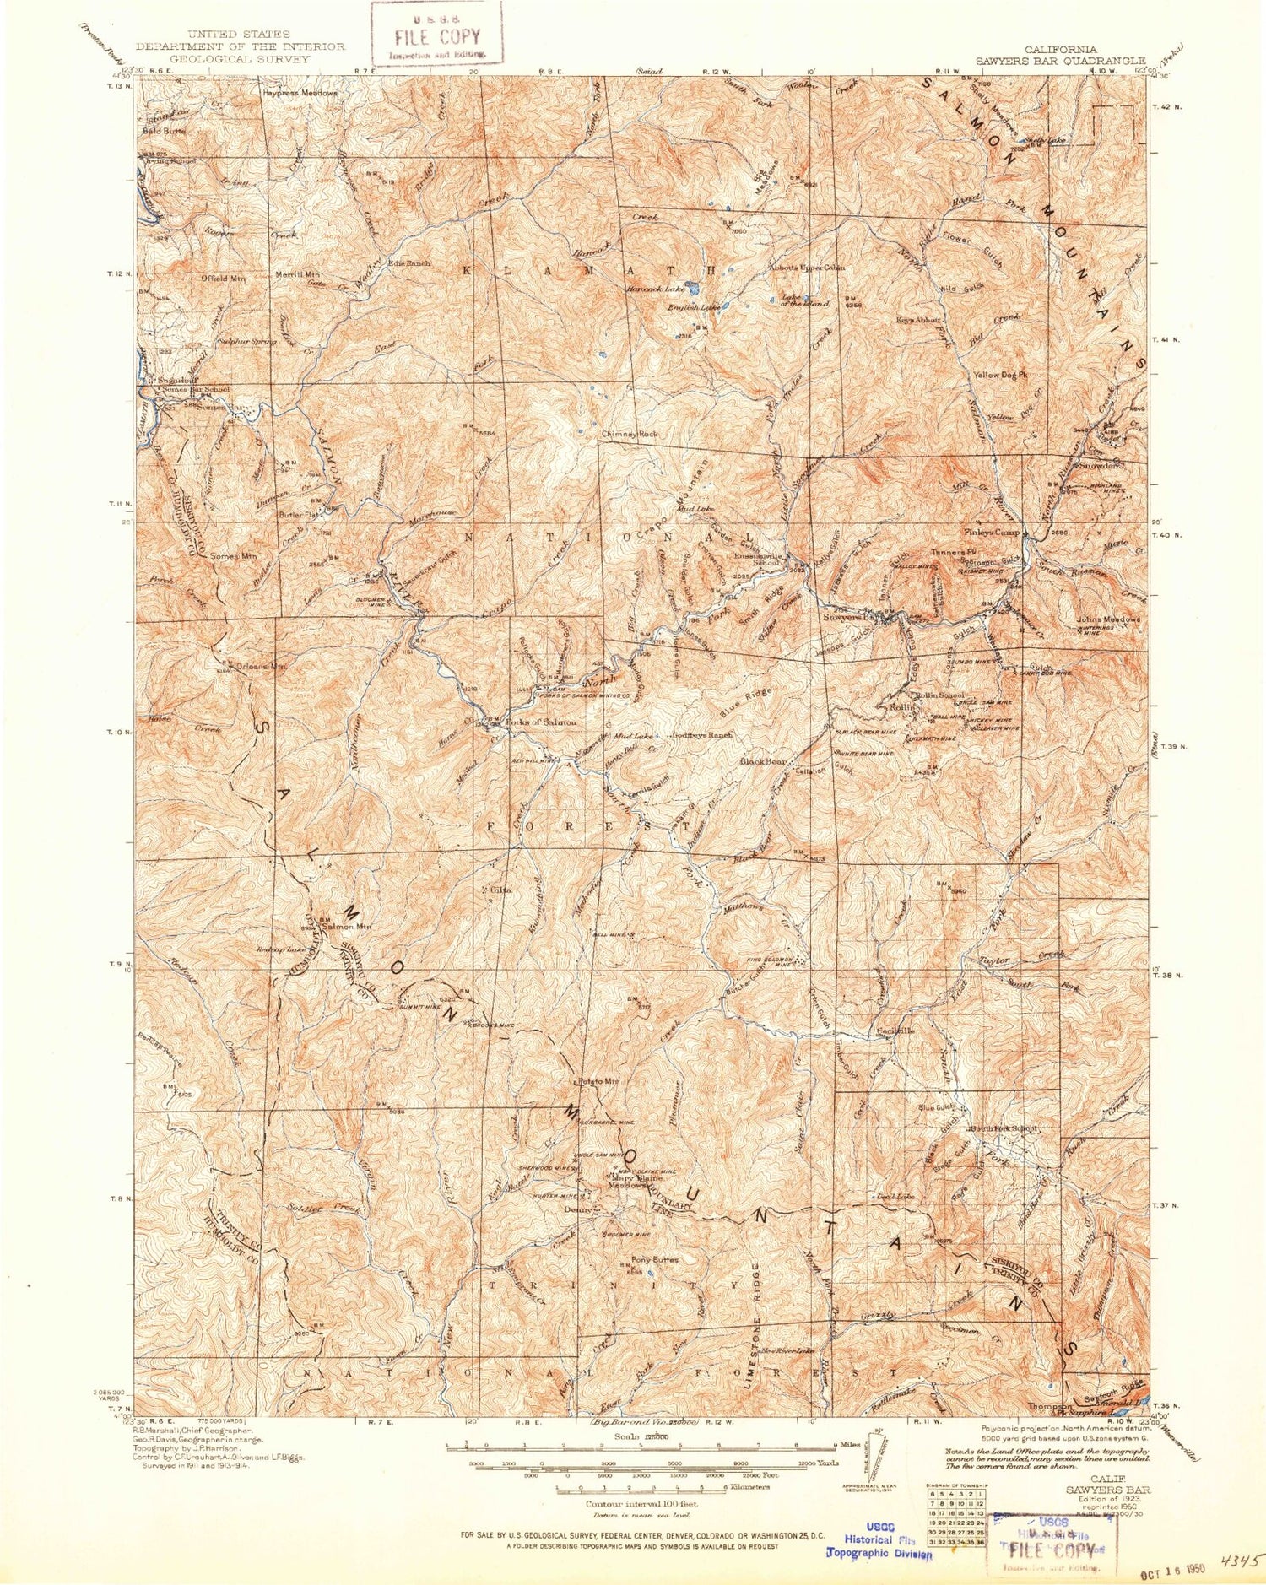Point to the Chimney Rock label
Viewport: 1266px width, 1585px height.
[x=629, y=434]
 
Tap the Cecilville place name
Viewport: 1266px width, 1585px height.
[x=895, y=1031]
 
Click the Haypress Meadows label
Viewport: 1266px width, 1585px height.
[x=300, y=93]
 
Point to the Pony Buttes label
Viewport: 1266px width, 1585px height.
[x=655, y=1259]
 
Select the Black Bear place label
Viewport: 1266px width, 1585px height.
[x=763, y=761]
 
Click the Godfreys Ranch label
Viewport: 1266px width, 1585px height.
[x=702, y=735]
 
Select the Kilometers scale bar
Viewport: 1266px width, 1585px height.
[x=641, y=1487]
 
